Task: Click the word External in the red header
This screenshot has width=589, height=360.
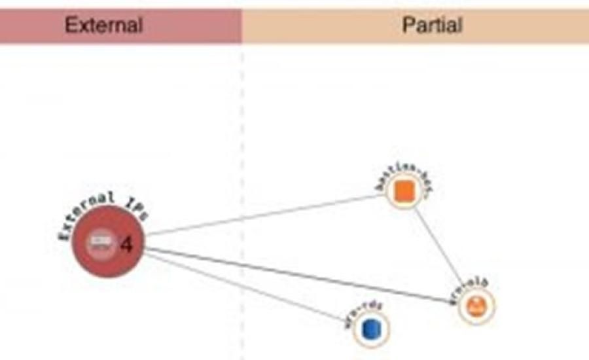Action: (x=103, y=26)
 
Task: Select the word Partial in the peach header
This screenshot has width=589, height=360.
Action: (x=432, y=26)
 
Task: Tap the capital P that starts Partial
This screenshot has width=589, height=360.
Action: (x=408, y=26)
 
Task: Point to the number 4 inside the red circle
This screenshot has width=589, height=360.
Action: (x=126, y=245)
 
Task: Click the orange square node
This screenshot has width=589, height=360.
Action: (x=404, y=191)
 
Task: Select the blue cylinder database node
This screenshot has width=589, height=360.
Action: (x=371, y=326)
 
